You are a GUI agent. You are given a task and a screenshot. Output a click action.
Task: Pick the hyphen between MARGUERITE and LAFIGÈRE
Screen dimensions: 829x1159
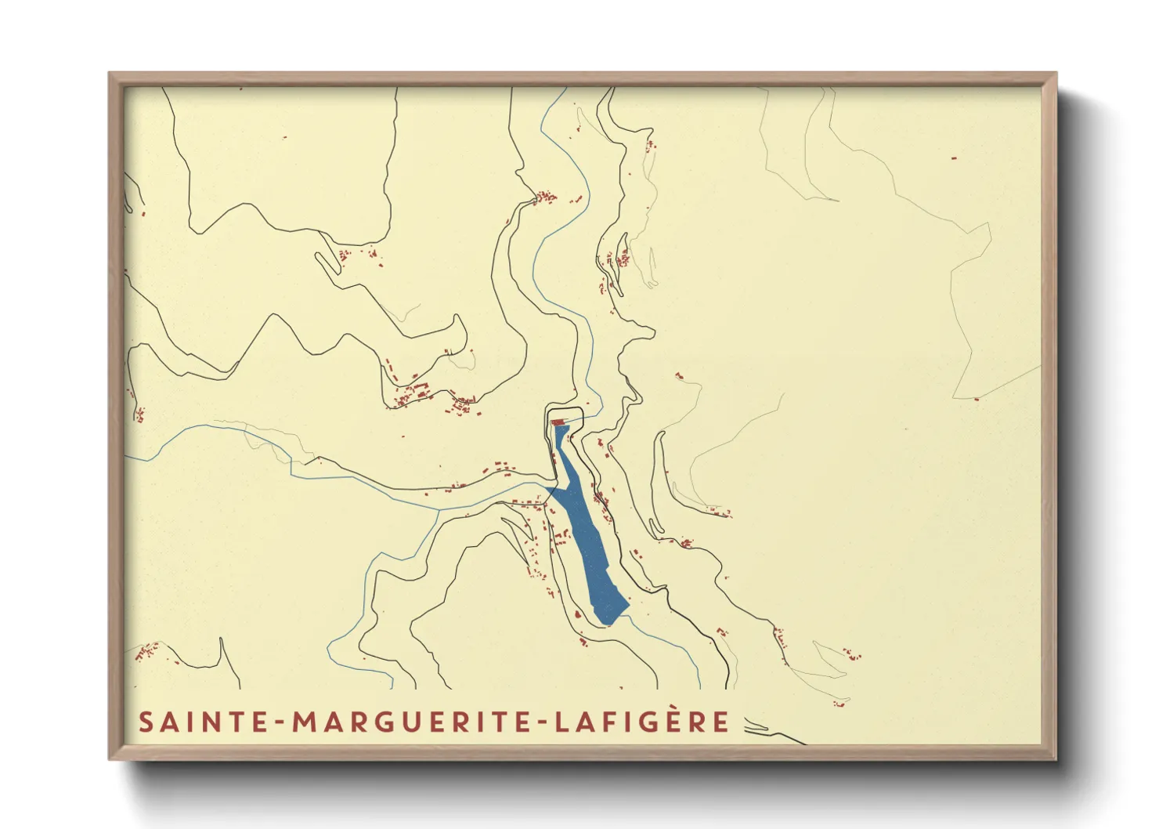click(x=545, y=723)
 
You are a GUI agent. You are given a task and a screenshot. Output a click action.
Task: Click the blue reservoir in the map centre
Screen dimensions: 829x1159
click(x=583, y=525)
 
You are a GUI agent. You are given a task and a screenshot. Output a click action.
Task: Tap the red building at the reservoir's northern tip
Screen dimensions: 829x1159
click(x=558, y=422)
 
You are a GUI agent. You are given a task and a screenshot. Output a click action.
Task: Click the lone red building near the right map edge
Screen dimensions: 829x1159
click(x=977, y=399)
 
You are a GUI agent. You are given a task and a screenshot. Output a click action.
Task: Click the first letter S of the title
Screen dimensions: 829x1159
click(x=146, y=722)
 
